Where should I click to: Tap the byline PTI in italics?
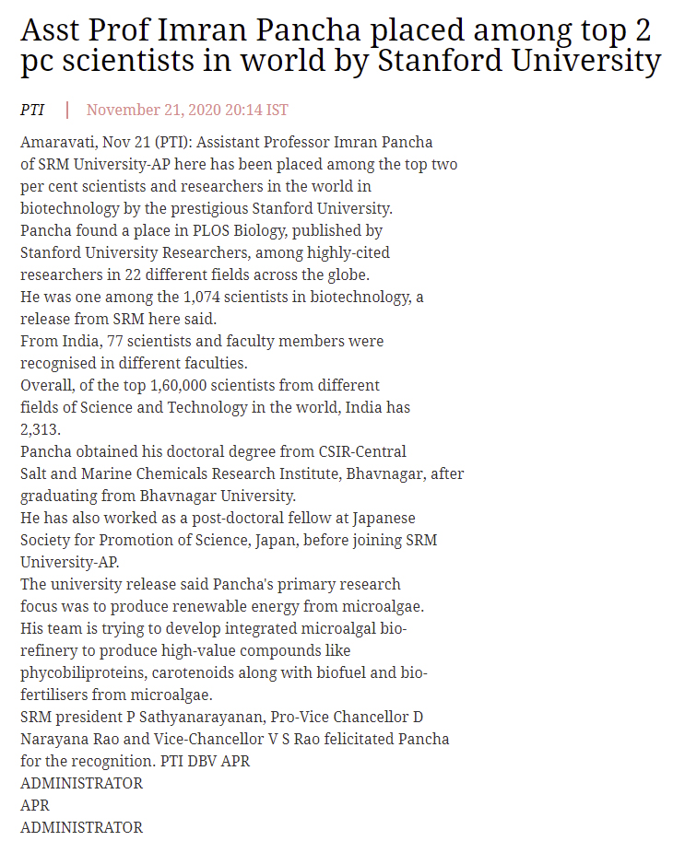point(32,110)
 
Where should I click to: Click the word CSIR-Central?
point(361,451)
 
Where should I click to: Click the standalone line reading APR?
point(35,805)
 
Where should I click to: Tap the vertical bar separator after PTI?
point(66,110)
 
